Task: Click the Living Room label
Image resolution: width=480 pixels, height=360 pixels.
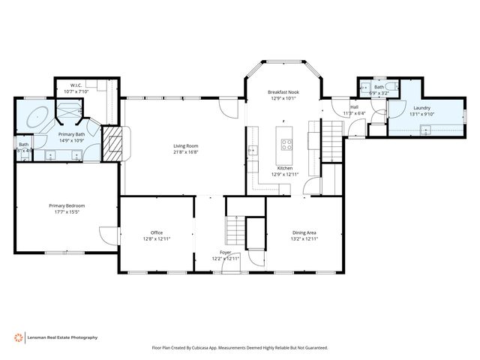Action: click(x=186, y=145)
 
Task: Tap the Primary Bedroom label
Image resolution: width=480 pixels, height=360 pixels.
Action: click(x=67, y=205)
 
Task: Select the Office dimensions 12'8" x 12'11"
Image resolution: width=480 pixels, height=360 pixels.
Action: click(x=157, y=238)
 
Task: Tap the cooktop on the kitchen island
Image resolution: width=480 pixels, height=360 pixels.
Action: click(x=285, y=143)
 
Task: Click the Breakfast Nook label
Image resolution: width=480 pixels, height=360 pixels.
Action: click(x=283, y=91)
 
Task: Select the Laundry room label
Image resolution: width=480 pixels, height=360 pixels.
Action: click(x=421, y=108)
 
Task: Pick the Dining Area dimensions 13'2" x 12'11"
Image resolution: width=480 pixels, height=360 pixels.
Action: click(x=304, y=238)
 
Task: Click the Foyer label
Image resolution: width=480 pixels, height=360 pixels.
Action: click(x=226, y=252)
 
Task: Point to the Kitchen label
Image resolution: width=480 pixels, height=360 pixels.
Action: click(x=285, y=168)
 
